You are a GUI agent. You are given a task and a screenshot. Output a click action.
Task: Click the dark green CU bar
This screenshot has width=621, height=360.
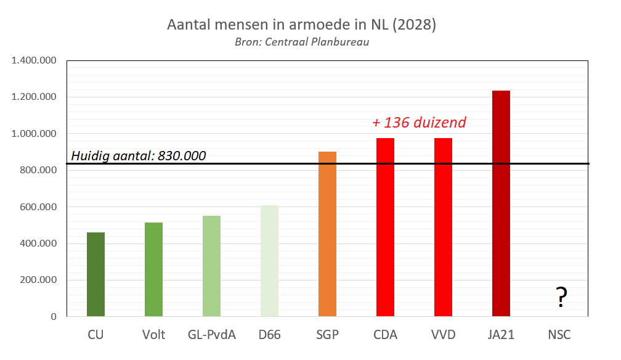pos(95,274)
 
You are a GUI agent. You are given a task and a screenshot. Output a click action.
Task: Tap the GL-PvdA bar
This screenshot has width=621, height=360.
pos(211,266)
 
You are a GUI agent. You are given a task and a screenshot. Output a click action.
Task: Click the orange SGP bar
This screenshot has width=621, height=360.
pos(327,234)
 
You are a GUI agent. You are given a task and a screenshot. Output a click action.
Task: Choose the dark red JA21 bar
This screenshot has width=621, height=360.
pos(501,203)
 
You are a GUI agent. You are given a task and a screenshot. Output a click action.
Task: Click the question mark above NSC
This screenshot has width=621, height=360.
pos(561,298)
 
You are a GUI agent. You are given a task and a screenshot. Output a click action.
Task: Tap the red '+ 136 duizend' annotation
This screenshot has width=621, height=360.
pos(419,123)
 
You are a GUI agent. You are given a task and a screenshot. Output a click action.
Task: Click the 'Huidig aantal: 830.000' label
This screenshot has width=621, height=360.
pos(139,155)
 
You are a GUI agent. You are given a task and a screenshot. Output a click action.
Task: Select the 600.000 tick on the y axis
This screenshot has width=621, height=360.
pos(38,207)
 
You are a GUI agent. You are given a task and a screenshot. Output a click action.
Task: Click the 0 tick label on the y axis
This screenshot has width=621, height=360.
pos(54,317)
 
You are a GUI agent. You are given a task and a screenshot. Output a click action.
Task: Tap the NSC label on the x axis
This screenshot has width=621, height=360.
pos(559,335)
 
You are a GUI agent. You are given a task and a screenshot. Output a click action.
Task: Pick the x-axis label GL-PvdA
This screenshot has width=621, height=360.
pos(211,335)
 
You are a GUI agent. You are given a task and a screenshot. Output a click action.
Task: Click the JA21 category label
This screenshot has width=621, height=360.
pos(501,335)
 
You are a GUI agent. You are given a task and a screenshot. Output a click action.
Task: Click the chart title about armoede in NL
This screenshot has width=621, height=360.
pos(302,25)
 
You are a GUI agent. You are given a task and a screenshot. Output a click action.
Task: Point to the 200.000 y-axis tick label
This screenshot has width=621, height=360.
pos(38,280)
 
